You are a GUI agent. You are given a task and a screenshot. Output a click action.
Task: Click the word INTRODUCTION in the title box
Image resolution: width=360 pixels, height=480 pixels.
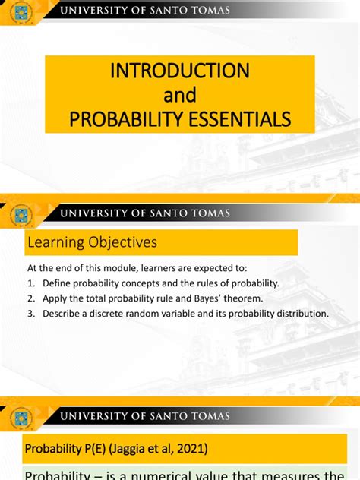click(179, 71)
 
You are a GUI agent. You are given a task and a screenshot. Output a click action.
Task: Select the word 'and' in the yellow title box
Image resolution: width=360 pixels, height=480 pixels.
click(180, 95)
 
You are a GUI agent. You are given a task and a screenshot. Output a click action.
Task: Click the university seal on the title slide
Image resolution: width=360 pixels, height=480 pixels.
click(21, 12)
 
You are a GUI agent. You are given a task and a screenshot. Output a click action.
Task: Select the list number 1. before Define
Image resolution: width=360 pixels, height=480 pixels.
click(31, 283)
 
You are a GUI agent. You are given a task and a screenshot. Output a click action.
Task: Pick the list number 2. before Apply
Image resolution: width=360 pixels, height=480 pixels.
click(31, 298)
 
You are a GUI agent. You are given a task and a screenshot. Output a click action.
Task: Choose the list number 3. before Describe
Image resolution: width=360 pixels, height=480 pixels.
click(31, 313)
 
